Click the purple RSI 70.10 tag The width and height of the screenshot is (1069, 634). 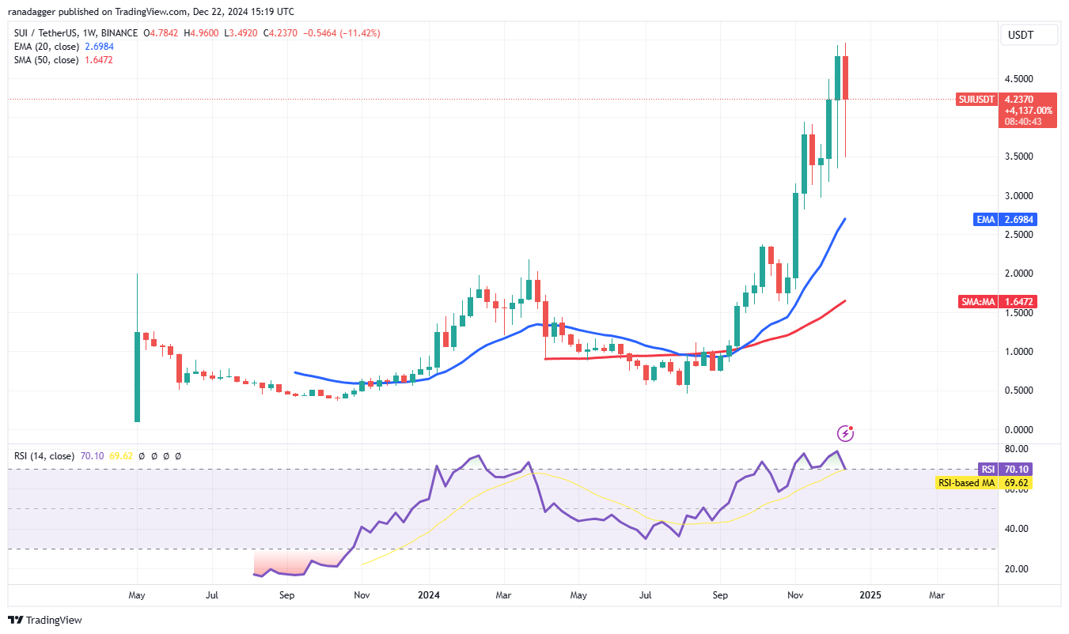(1006, 469)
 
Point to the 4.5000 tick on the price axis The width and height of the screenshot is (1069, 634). (1018, 79)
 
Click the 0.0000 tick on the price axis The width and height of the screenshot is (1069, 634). (1018, 430)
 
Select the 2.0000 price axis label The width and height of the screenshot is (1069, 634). (1018, 274)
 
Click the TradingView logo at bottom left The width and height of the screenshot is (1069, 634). (45, 621)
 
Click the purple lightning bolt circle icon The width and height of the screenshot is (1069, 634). (846, 432)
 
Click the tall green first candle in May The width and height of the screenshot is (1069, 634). (138, 377)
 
